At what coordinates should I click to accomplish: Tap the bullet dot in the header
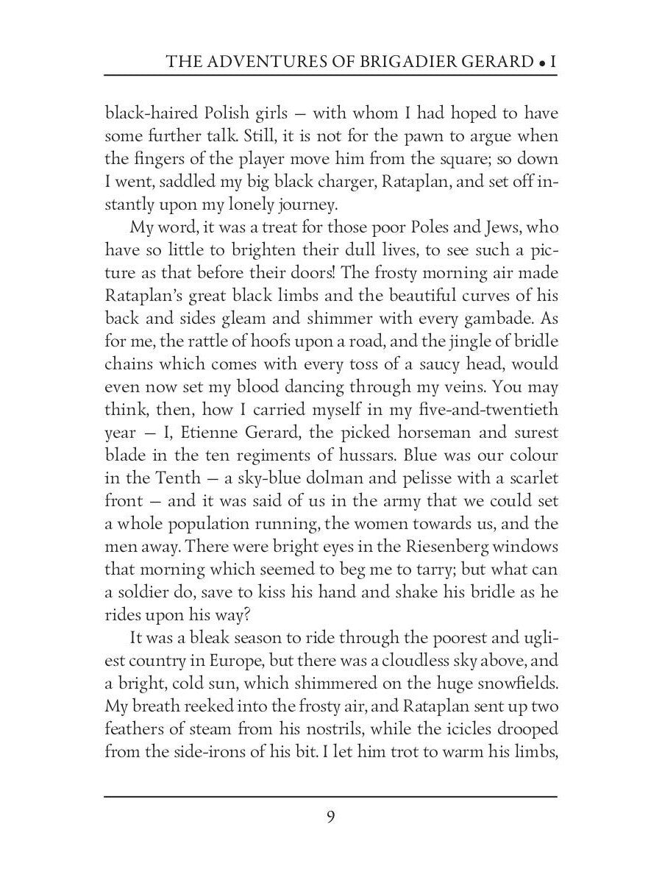pyautogui.click(x=542, y=64)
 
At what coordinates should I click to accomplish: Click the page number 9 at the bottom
pyautogui.click(x=331, y=819)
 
